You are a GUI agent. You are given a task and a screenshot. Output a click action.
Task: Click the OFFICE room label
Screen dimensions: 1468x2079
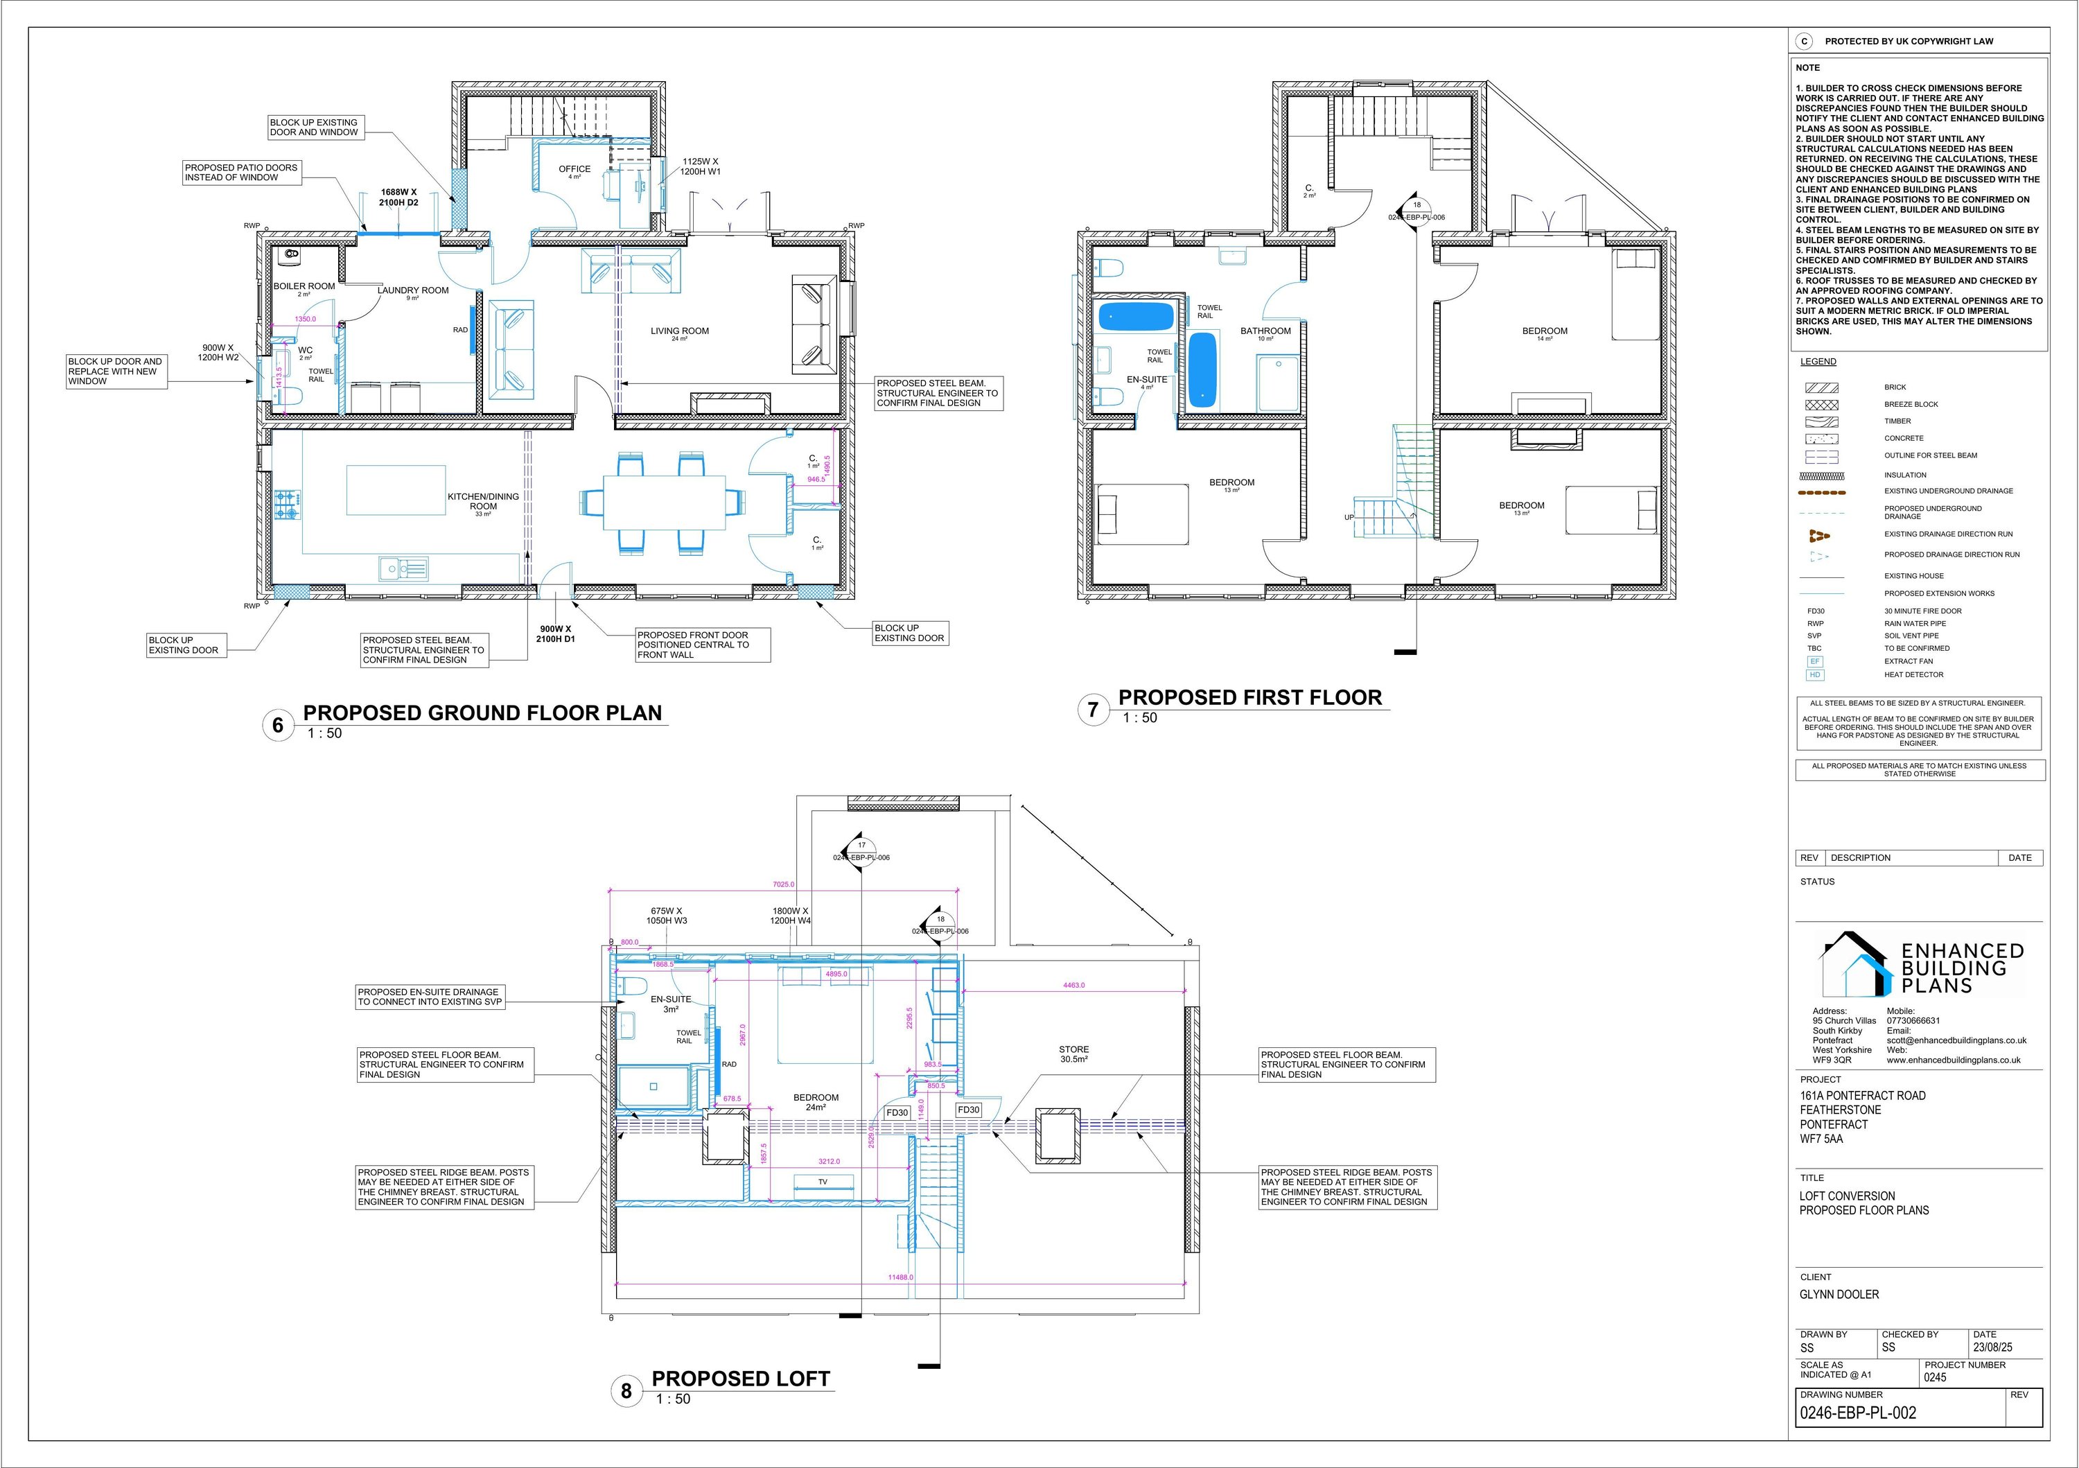pos(574,169)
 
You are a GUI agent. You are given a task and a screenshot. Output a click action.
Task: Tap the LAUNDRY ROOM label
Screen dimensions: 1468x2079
pos(413,290)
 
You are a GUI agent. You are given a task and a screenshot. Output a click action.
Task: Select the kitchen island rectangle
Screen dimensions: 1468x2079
pos(396,490)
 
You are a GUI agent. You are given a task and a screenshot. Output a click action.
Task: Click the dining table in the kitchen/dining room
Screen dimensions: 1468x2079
pos(664,502)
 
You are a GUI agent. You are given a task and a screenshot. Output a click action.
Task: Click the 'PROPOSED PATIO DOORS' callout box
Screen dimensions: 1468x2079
pos(241,172)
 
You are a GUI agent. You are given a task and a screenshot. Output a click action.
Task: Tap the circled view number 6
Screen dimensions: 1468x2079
pos(278,726)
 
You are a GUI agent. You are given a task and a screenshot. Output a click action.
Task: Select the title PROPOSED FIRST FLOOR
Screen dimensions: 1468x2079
pos(1249,697)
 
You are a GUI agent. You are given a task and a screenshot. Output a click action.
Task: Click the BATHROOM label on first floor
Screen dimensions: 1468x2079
pos(1265,331)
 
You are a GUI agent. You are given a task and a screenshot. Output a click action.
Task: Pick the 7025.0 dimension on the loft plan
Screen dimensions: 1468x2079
pos(783,884)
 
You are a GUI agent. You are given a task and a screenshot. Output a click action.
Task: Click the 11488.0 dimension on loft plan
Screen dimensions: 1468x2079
pos(900,1277)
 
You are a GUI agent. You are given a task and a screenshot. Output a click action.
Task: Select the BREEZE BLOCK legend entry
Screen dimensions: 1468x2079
pos(1911,405)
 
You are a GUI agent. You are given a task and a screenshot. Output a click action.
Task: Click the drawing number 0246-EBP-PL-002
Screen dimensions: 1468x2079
pos(1857,1413)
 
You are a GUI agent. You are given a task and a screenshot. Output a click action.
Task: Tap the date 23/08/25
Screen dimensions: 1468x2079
pos(1992,1347)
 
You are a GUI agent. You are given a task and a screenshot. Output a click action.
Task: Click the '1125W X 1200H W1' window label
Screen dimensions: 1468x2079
pos(701,166)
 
